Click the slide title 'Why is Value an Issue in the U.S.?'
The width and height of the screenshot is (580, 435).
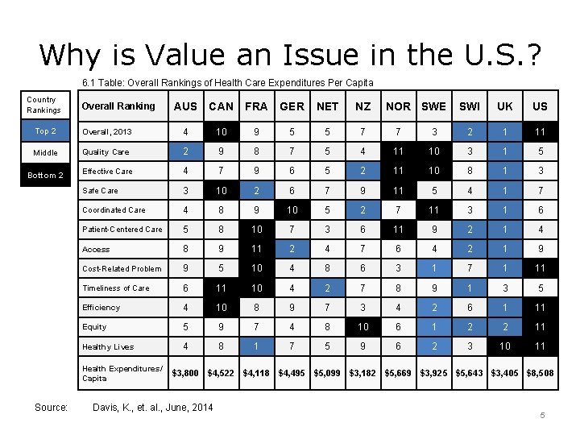pyautogui.click(x=290, y=54)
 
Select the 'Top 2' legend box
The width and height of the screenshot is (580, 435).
pyautogui.click(x=46, y=131)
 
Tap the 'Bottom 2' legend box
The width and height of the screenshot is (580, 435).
pyautogui.click(x=46, y=175)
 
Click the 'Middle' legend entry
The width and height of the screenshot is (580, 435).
pyautogui.click(x=46, y=152)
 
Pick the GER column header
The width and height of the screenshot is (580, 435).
pyautogui.click(x=292, y=106)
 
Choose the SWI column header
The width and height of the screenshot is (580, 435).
pyautogui.click(x=469, y=106)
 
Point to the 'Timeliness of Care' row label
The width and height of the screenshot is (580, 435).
pyautogui.click(x=116, y=288)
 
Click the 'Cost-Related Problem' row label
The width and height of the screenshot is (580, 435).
pyautogui.click(x=122, y=268)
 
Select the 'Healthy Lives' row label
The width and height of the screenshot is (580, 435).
pyautogui.click(x=108, y=346)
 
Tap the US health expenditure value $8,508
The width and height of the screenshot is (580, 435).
pyautogui.click(x=540, y=373)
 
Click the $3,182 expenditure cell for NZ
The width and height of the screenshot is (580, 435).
pyautogui.click(x=362, y=373)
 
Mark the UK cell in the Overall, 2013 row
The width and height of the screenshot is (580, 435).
pyautogui.click(x=504, y=131)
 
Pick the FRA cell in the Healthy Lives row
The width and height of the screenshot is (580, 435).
pyautogui.click(x=256, y=346)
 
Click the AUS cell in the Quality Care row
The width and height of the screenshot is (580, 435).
pyautogui.click(x=185, y=151)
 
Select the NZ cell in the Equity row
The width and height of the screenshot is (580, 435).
pyautogui.click(x=362, y=327)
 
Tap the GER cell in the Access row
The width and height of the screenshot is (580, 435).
pyautogui.click(x=292, y=249)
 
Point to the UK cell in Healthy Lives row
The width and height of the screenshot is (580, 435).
pyautogui.click(x=504, y=346)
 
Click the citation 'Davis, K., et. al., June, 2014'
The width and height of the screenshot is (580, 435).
pyautogui.click(x=154, y=407)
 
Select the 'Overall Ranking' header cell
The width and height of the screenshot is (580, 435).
pyautogui.click(x=118, y=106)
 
